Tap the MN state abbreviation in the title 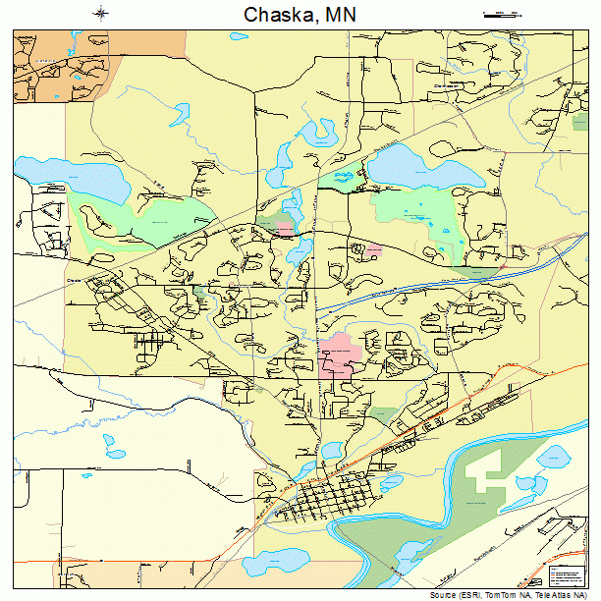(340, 15)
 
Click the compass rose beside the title (102, 14)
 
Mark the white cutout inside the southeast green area (486, 476)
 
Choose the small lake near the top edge (238, 38)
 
